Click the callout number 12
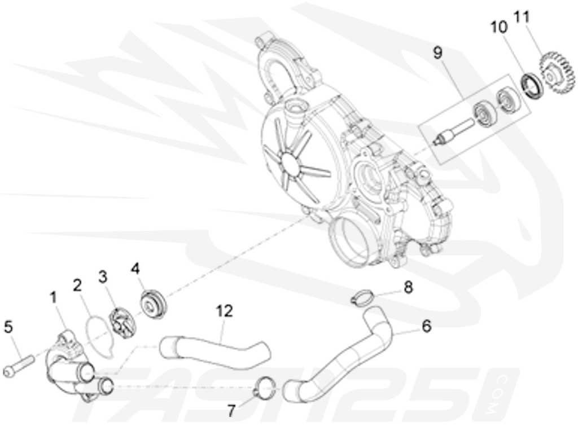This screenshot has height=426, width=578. (x=224, y=311)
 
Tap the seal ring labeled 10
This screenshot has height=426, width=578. (x=532, y=85)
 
